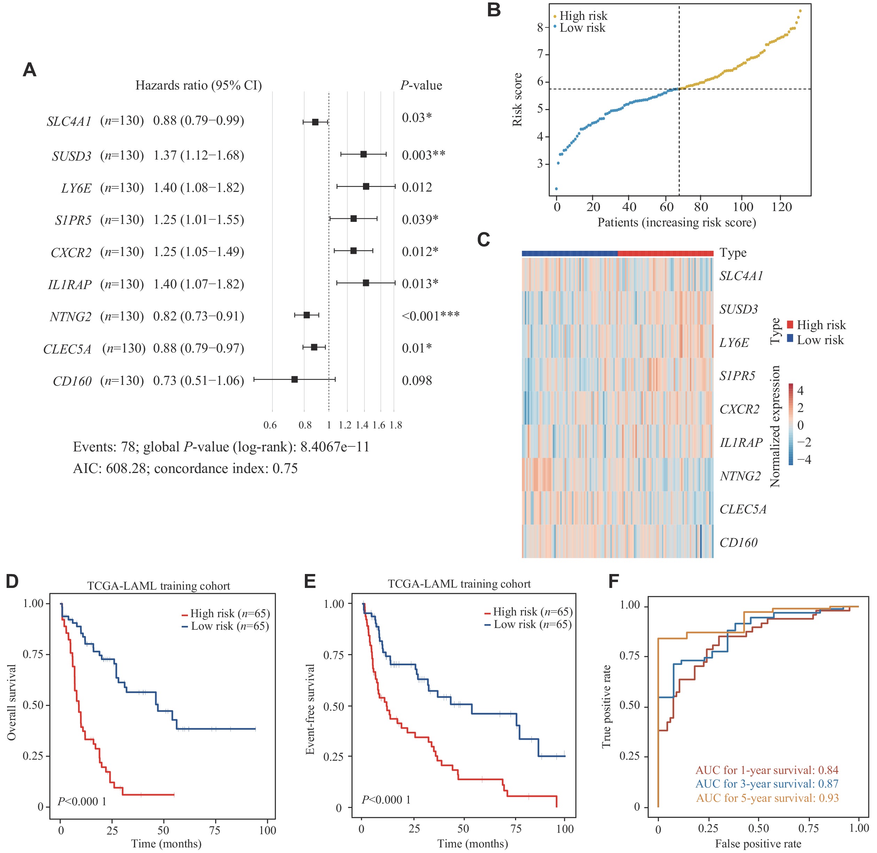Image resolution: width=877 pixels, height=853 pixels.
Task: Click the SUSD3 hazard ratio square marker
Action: point(364,154)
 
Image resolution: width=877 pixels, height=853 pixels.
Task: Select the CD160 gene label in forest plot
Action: point(72,381)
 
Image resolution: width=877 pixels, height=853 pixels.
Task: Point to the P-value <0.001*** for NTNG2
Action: point(430,316)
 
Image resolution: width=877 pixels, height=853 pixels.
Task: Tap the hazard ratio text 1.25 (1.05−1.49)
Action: point(198,252)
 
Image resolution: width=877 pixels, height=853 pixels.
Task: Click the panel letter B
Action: point(494,10)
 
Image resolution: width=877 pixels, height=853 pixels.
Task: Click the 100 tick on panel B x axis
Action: point(743,207)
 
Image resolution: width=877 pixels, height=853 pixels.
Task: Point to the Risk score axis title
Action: point(517,100)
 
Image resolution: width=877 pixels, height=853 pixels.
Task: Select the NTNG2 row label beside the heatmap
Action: point(740,476)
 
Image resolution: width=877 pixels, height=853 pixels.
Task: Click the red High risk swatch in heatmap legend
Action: point(790,324)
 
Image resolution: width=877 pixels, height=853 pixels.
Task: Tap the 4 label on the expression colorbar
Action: point(800,391)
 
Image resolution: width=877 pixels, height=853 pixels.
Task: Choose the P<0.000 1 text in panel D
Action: point(81,801)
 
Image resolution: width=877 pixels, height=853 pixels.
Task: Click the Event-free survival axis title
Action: point(310,709)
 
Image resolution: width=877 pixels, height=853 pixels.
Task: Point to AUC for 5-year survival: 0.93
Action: point(767,798)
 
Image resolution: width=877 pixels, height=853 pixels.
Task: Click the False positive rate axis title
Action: point(758,844)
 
